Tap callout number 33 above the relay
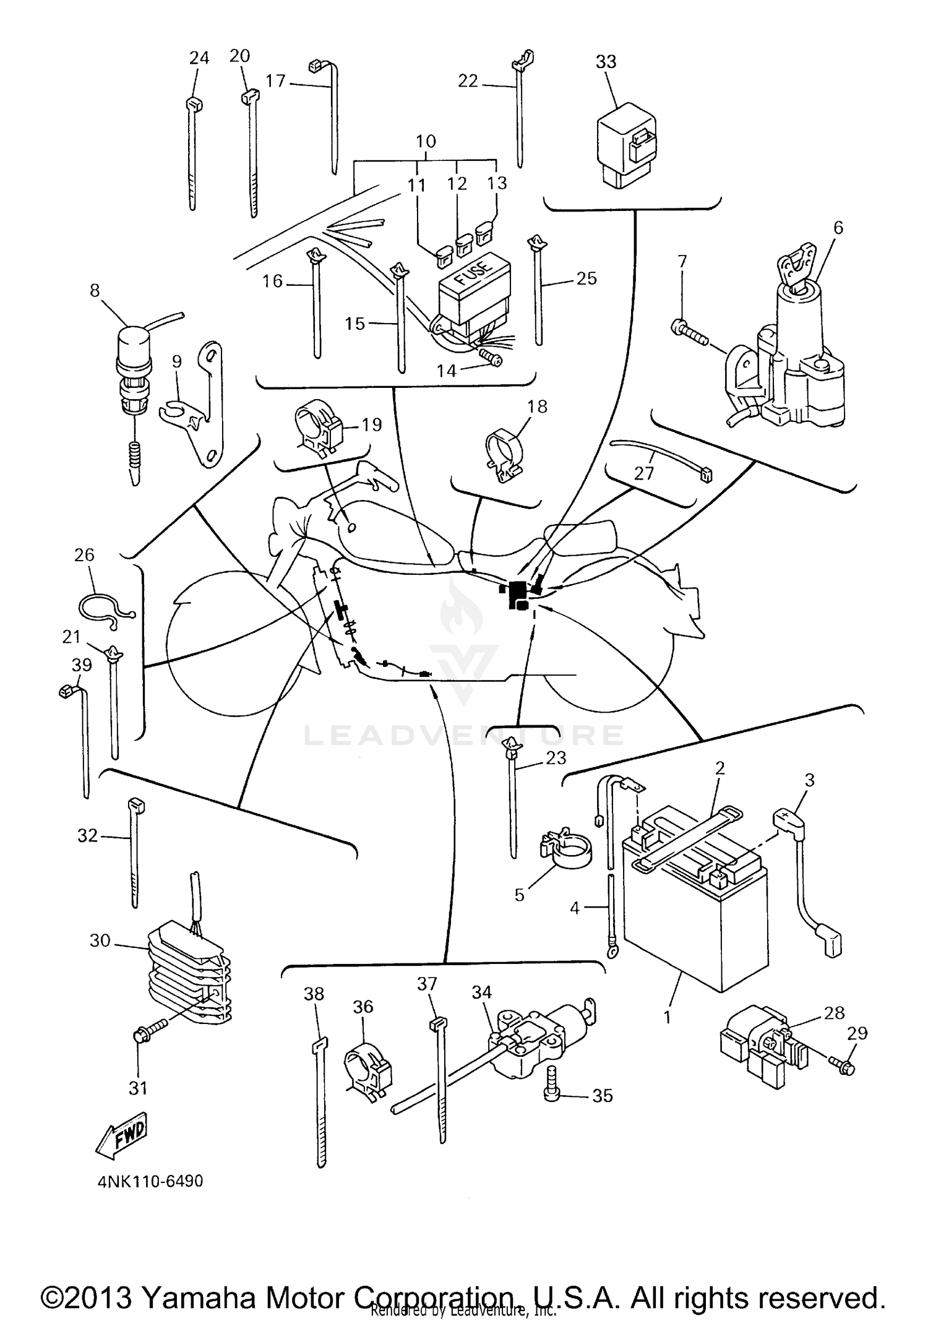[606, 62]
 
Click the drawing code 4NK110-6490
[150, 1181]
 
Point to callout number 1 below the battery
[667, 1016]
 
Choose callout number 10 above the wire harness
[426, 141]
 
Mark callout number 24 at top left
[199, 58]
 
